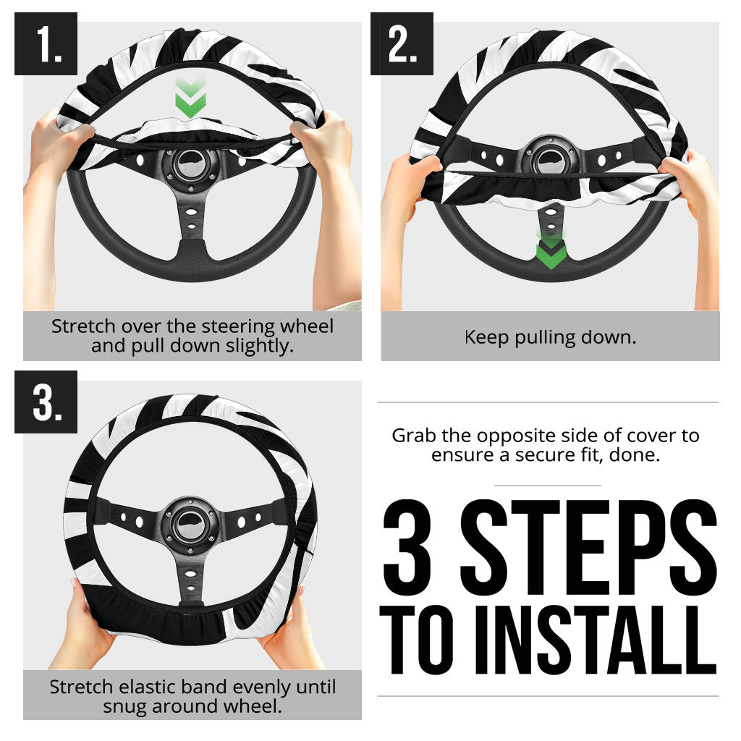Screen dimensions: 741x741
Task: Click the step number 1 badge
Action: pos(46,43)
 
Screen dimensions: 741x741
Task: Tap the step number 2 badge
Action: pos(402,43)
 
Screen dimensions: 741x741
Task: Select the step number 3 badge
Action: pos(46,402)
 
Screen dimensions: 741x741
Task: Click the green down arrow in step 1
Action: pos(190,98)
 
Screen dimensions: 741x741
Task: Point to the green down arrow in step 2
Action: pos(551,250)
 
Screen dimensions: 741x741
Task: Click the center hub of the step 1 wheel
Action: pos(191,166)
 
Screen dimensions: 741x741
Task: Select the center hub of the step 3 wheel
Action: pos(190,525)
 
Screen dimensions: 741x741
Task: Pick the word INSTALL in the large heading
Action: pos(596,640)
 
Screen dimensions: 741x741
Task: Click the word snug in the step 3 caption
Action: pos(125,707)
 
